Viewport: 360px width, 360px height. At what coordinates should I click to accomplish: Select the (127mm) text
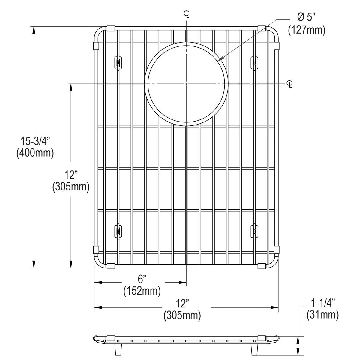tap(307, 30)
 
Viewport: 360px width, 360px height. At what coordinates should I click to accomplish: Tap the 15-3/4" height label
tap(35, 140)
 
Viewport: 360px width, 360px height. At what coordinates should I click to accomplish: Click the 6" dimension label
tap(142, 279)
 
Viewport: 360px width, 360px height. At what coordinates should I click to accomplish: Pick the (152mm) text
tap(142, 291)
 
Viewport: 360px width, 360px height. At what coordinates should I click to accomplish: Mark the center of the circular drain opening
tap(186, 83)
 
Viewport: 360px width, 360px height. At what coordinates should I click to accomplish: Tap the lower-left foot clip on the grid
tap(118, 231)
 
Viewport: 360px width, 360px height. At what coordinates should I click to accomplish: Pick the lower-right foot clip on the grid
tap(254, 231)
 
